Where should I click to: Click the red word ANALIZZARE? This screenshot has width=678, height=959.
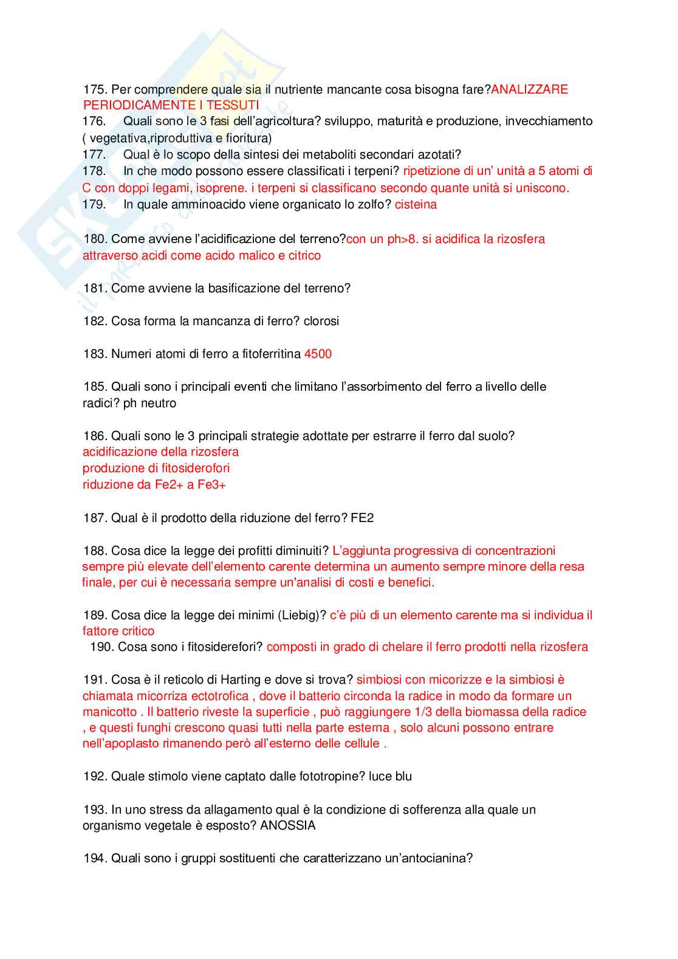tap(529, 89)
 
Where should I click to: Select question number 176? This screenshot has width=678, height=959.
tap(94, 121)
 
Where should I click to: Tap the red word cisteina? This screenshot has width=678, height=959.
tap(416, 204)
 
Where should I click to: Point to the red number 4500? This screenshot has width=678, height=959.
tap(318, 354)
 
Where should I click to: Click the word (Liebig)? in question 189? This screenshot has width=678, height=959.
tap(302, 615)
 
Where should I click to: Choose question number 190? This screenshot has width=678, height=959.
tap(101, 647)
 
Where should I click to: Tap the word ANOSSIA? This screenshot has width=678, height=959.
tap(287, 825)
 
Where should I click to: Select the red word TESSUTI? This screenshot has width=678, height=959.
tap(233, 105)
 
